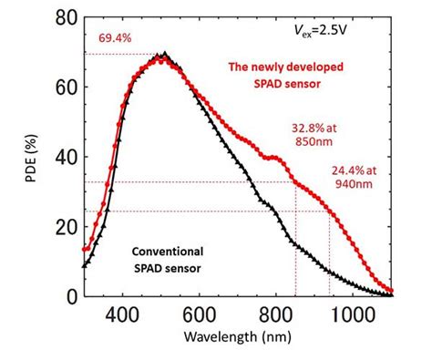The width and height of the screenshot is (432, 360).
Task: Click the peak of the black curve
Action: [x=164, y=54]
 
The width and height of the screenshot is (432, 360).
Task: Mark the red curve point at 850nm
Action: [x=295, y=182]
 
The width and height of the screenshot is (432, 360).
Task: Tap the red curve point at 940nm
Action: [x=330, y=211]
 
